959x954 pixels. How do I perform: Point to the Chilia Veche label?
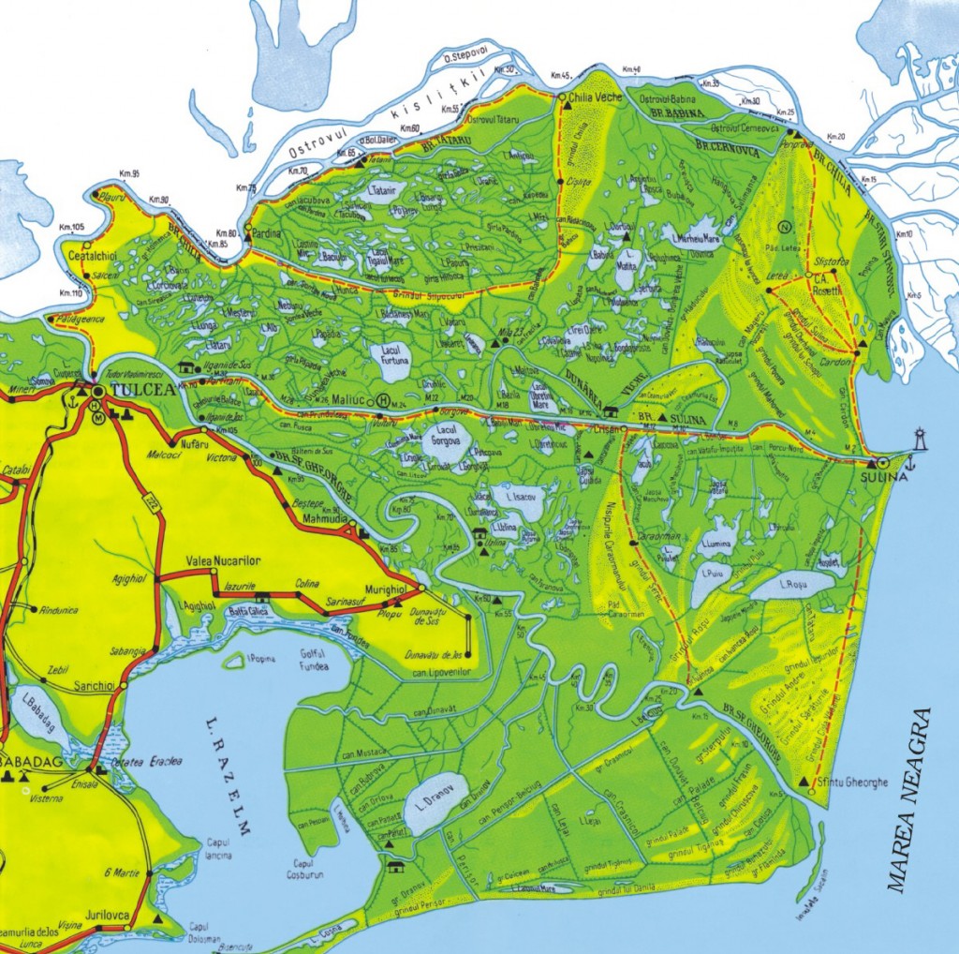[597, 96]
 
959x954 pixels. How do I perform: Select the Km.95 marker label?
[129, 174]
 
